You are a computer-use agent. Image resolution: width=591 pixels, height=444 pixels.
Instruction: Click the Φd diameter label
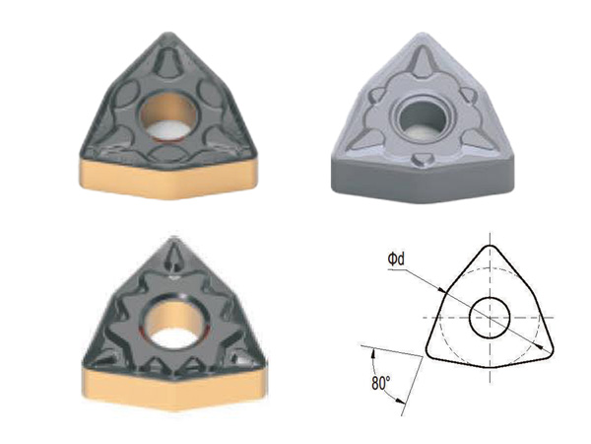396,259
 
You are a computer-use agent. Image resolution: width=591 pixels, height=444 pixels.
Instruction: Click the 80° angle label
380,383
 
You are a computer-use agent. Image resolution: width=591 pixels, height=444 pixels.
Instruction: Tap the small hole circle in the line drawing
490,318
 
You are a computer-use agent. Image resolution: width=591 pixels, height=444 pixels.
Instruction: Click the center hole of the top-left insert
167,115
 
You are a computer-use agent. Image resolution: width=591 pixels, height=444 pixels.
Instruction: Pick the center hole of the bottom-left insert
174,321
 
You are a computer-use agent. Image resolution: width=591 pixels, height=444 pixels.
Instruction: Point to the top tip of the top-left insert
168,34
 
